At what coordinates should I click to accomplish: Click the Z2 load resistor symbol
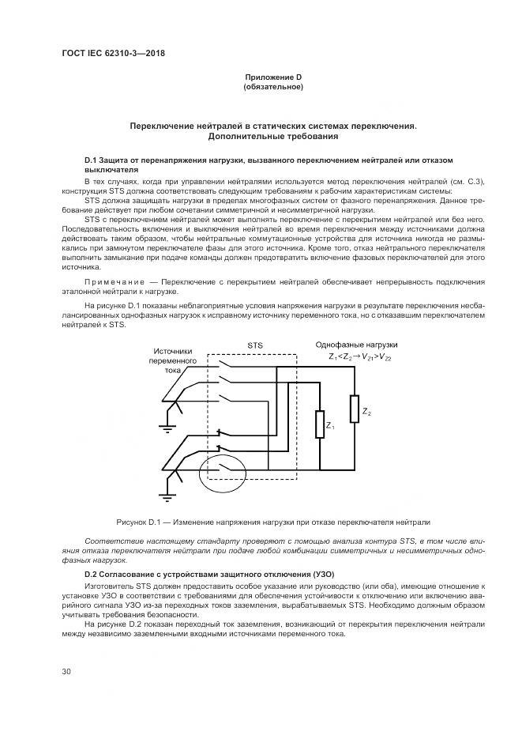[354, 410]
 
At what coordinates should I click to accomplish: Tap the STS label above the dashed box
[255, 345]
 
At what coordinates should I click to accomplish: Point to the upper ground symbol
[166, 428]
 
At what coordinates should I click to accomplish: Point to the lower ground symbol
[166, 496]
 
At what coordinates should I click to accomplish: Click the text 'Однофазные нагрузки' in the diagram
[356, 345]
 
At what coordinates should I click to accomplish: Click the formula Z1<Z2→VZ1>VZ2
[359, 357]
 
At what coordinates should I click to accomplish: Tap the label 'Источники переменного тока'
[173, 360]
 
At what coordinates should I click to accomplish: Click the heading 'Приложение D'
[273, 77]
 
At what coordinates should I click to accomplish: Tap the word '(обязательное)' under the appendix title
[273, 87]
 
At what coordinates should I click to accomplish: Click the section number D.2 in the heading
[94, 571]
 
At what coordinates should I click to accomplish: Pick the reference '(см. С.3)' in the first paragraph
[467, 182]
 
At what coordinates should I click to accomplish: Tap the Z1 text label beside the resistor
[331, 428]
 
